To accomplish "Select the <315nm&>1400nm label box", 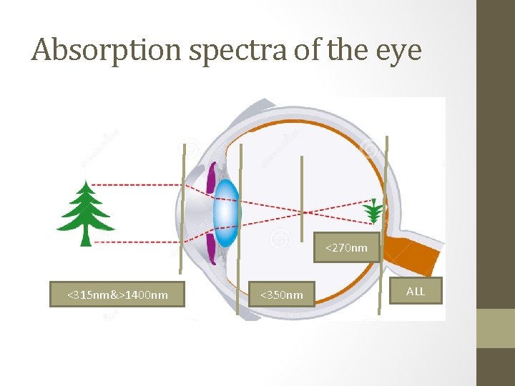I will [x=117, y=295].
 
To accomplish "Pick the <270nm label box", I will [x=346, y=248].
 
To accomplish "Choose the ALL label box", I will [x=415, y=291].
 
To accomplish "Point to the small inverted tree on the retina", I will [x=372, y=211].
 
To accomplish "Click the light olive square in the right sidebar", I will [x=496, y=328].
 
